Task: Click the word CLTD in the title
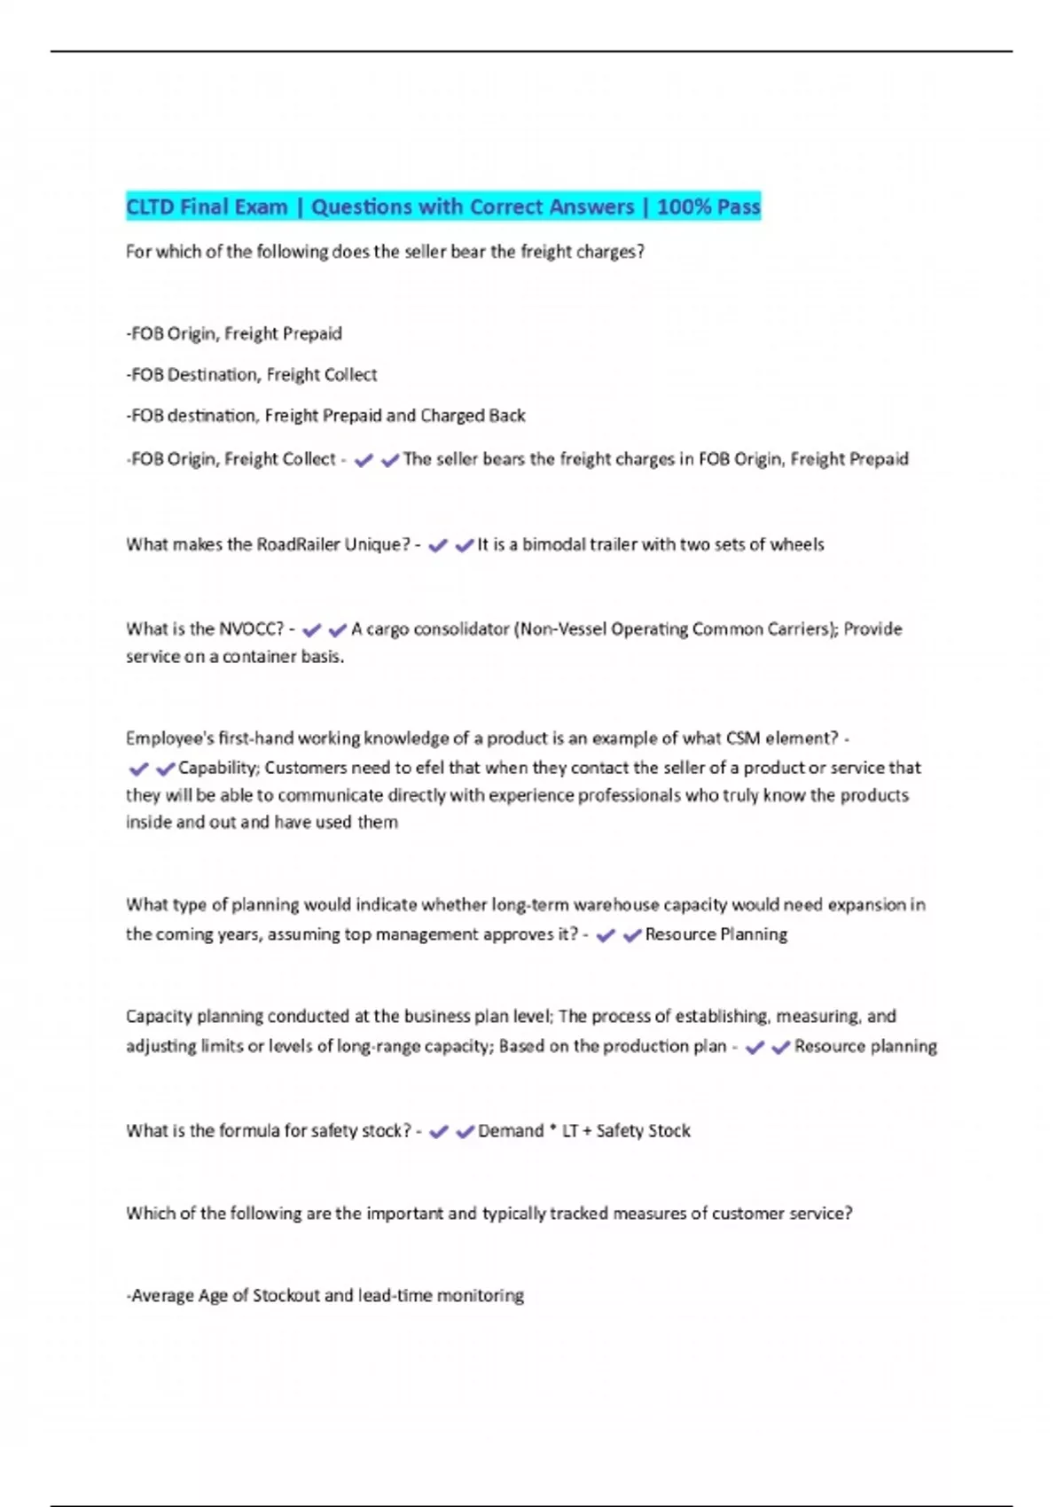click(150, 207)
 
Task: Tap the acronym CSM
click(743, 738)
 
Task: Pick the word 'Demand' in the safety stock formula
click(511, 1131)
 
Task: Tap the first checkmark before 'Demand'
click(439, 1132)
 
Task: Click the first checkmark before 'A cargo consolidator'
click(311, 630)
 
